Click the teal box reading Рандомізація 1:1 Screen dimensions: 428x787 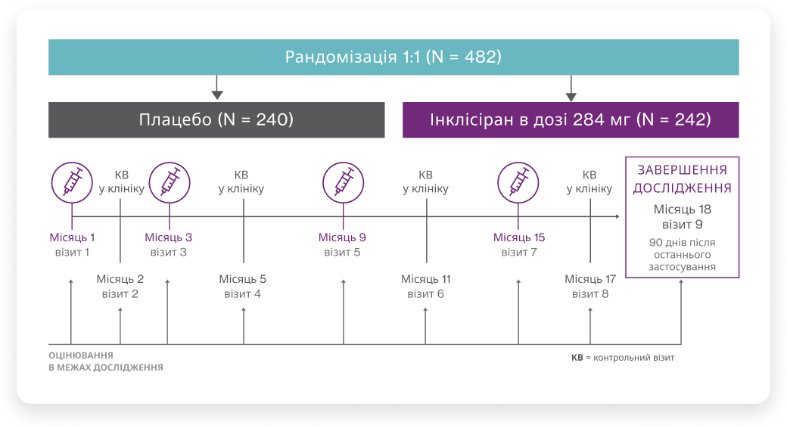393,57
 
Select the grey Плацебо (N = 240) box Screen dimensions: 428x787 216,119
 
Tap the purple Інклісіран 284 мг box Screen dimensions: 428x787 571,119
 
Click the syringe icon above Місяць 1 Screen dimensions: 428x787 72,182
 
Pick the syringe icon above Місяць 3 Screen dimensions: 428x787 169,182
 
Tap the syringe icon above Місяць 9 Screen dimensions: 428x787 343,182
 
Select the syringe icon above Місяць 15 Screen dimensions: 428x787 518,182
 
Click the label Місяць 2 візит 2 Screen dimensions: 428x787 120,286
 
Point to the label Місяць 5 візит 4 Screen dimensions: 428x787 243,286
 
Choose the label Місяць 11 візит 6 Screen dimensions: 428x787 425,286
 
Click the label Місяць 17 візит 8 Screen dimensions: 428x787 589,286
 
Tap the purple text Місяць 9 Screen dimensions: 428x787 342,237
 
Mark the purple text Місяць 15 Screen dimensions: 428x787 519,237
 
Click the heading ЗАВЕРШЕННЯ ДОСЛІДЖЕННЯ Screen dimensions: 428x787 682,179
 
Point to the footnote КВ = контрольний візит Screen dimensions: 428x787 622,357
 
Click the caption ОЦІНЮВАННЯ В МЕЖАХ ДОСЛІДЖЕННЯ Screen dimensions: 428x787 105,361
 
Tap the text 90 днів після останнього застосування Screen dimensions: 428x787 682,255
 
